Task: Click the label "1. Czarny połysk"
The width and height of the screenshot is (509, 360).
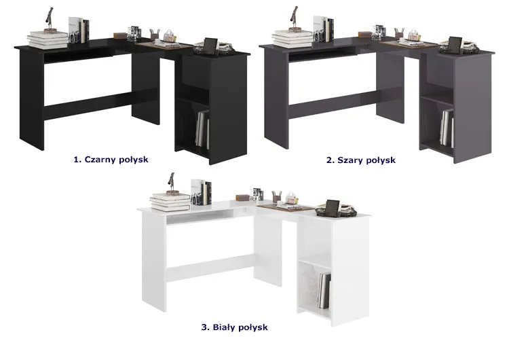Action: pos(111,160)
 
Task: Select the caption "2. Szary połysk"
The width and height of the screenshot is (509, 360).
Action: pos(361,160)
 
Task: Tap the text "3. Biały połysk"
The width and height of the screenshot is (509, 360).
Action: pos(234,327)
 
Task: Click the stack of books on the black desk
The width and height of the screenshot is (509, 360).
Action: pos(48,39)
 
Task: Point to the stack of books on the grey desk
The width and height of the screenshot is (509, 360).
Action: pos(293,39)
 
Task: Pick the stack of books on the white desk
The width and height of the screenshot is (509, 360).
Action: pos(170,202)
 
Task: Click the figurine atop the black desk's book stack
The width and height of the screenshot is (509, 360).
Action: pos(50,20)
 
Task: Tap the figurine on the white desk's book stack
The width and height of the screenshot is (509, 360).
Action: pos(172,184)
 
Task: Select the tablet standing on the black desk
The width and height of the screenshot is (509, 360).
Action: pos(210,46)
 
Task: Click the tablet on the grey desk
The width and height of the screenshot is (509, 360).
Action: pos(455,45)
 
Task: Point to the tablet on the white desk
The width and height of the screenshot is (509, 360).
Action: pos(333,208)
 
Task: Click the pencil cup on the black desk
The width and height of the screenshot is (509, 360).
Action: pos(155,35)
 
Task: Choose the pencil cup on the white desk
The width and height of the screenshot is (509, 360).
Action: pos(277,197)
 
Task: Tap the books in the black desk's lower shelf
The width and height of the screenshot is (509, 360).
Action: pos(202,128)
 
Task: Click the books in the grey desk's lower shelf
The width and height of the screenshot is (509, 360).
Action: pos(447,128)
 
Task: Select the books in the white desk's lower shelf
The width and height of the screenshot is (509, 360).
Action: pos(324,291)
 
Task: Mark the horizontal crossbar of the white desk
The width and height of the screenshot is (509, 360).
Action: pos(210,267)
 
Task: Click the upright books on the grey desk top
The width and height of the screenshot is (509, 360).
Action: pos(324,29)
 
